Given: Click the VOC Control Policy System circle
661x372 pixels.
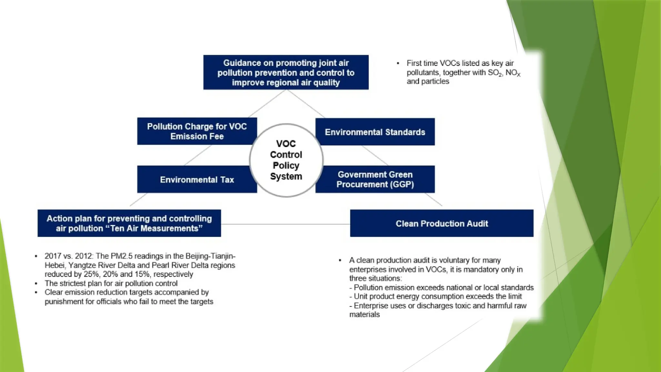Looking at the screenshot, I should (286, 160).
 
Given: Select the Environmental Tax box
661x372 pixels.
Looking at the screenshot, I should (197, 180).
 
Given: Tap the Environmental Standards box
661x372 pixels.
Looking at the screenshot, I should (375, 132).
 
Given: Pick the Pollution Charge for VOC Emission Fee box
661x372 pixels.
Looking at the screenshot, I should (197, 131).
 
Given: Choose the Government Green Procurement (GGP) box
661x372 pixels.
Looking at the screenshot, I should (375, 180).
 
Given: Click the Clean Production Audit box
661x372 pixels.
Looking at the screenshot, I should (442, 223).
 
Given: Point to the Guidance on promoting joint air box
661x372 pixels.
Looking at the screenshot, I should (286, 72).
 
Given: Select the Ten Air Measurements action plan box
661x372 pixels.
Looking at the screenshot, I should (129, 223).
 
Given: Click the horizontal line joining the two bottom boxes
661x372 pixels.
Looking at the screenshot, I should (286, 224).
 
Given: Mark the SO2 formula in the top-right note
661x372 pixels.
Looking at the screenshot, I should (495, 73).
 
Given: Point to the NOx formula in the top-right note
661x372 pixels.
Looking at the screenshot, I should (513, 73).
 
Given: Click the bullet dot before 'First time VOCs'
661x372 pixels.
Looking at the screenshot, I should (398, 63).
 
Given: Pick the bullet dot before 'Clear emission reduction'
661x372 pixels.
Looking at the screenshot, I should (36, 293).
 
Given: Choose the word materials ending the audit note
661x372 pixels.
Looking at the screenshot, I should (364, 315).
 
